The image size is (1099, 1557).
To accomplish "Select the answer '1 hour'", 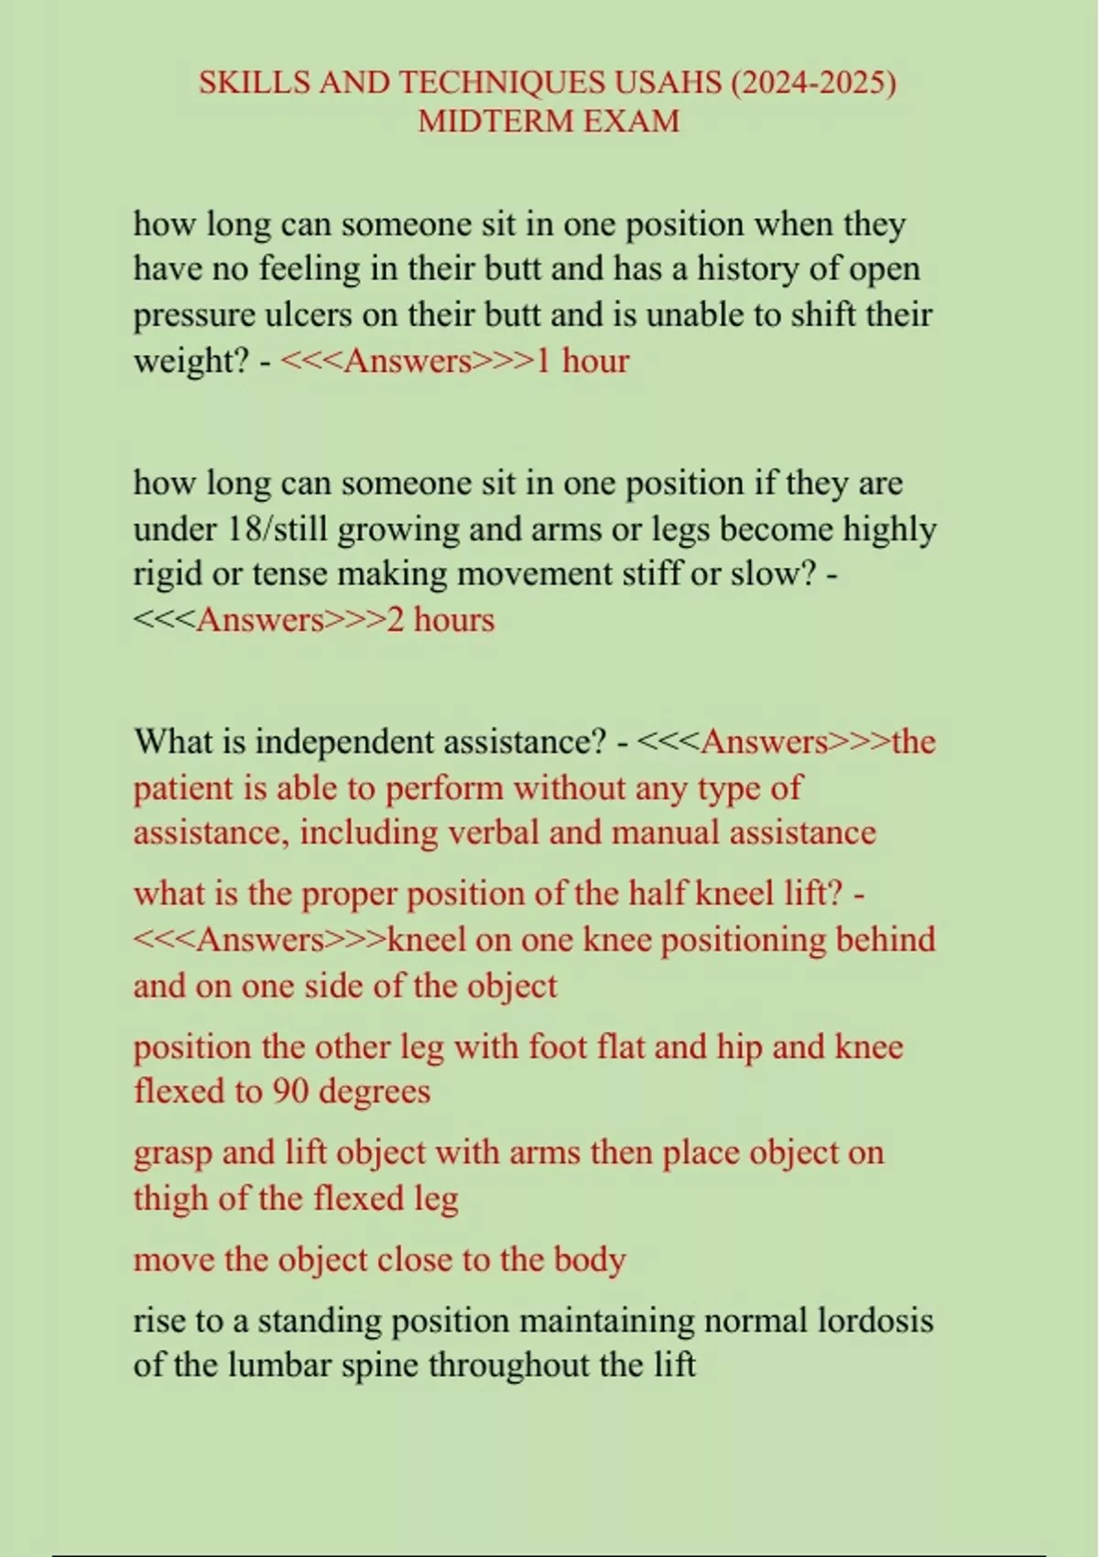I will pos(582,361).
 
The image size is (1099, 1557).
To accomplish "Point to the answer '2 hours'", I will pos(441,620).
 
